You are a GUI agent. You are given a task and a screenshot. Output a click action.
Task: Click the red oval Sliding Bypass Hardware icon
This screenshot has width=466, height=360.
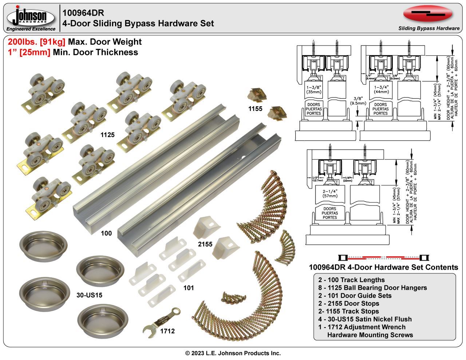pyautogui.click(x=428, y=14)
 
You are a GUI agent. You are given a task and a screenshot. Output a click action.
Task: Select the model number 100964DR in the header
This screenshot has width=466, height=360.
pyautogui.click(x=83, y=13)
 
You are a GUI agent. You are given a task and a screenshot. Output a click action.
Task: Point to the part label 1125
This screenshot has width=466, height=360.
pyautogui.click(x=107, y=135)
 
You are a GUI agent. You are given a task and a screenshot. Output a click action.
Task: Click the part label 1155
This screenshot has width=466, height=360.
pyautogui.click(x=255, y=109)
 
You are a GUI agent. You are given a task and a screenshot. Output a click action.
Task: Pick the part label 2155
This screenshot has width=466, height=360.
pyautogui.click(x=205, y=244)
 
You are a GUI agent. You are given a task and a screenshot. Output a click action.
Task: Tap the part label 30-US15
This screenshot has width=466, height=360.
pyautogui.click(x=90, y=295)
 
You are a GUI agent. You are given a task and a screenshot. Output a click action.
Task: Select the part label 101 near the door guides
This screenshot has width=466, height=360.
pyautogui.click(x=188, y=288)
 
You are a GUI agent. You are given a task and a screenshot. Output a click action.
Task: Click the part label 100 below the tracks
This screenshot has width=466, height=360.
pyautogui.click(x=106, y=233)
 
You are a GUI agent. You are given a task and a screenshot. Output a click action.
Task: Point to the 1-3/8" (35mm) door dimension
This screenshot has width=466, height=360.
pyautogui.click(x=314, y=90)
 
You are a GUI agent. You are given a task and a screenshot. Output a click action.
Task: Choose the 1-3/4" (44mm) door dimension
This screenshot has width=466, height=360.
pyautogui.click(x=380, y=90)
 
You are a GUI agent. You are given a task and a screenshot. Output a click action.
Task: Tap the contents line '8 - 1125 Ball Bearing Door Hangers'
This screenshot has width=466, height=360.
pyautogui.click(x=372, y=288)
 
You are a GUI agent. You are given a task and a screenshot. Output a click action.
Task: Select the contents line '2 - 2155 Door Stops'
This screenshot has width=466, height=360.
pyautogui.click(x=348, y=303)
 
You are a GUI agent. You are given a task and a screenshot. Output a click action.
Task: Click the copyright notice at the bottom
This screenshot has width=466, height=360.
pyautogui.click(x=233, y=353)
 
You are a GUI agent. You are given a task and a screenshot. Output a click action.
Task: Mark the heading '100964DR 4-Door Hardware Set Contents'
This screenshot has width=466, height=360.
pyautogui.click(x=383, y=267)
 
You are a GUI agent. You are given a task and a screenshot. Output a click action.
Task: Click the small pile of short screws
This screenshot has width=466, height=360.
pyautogui.click(x=231, y=297)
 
